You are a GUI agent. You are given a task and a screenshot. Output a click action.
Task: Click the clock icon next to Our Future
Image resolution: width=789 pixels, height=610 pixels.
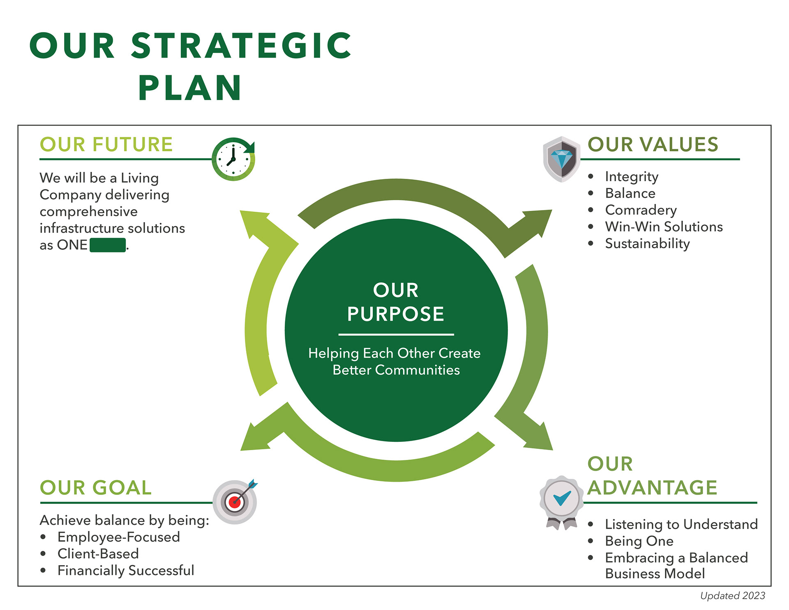233,159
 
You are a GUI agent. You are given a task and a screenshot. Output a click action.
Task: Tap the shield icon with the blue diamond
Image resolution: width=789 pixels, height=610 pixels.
561,159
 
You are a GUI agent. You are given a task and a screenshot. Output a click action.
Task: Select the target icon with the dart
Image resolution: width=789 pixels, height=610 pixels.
235,501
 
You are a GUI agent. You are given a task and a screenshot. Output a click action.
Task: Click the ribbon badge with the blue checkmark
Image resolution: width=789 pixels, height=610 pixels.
561,499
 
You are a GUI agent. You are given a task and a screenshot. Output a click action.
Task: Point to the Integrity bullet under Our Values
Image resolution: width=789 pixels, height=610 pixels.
632,177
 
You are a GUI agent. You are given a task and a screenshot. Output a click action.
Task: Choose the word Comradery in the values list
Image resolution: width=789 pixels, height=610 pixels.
641,210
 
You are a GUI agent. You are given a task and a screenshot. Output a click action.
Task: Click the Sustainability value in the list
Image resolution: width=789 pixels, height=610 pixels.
647,243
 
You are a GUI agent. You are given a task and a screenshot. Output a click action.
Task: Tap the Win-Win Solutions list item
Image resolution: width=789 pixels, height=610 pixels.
664,227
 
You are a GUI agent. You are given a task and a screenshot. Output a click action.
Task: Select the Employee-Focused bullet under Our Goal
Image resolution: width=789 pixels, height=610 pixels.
118,537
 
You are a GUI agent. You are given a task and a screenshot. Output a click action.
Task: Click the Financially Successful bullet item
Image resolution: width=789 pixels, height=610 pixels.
126,571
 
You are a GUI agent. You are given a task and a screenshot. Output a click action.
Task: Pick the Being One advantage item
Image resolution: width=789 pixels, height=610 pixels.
639,541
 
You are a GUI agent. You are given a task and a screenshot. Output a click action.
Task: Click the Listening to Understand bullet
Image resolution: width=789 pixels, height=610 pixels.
681,524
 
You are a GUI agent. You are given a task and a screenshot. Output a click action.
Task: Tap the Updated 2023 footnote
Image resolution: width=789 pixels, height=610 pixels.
732,596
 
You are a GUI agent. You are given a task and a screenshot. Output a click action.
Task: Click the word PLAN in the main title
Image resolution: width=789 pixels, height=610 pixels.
190,88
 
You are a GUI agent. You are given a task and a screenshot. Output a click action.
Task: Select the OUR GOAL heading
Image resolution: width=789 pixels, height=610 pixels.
96,488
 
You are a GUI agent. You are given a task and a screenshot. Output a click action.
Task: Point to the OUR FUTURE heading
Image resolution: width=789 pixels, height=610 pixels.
106,145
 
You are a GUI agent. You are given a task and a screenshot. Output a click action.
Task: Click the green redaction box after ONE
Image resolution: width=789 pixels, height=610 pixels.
108,245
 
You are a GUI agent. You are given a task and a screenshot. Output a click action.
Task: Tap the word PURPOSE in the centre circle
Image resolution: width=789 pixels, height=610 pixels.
395,314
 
